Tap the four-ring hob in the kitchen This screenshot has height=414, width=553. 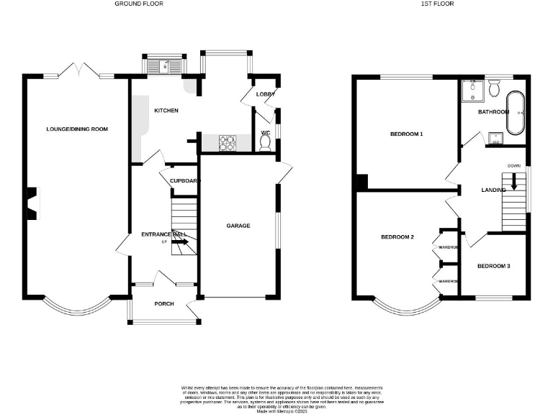(227, 143)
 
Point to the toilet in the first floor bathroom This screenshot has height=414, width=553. (494, 88)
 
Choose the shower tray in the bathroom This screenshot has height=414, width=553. (472, 91)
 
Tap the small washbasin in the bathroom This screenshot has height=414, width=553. (495, 138)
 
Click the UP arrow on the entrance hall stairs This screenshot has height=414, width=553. (180, 242)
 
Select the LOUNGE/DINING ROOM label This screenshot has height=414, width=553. (76, 129)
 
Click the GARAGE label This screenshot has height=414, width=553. (238, 226)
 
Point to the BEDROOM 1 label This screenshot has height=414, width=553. (406, 134)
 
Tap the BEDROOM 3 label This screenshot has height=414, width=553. (494, 266)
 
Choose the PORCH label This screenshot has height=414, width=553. (164, 304)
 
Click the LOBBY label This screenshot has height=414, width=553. (266, 94)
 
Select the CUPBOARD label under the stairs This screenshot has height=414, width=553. (184, 181)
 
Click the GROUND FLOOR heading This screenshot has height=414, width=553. (139, 4)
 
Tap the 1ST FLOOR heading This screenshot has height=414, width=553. (437, 4)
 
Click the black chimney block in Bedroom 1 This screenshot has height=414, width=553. (361, 183)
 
